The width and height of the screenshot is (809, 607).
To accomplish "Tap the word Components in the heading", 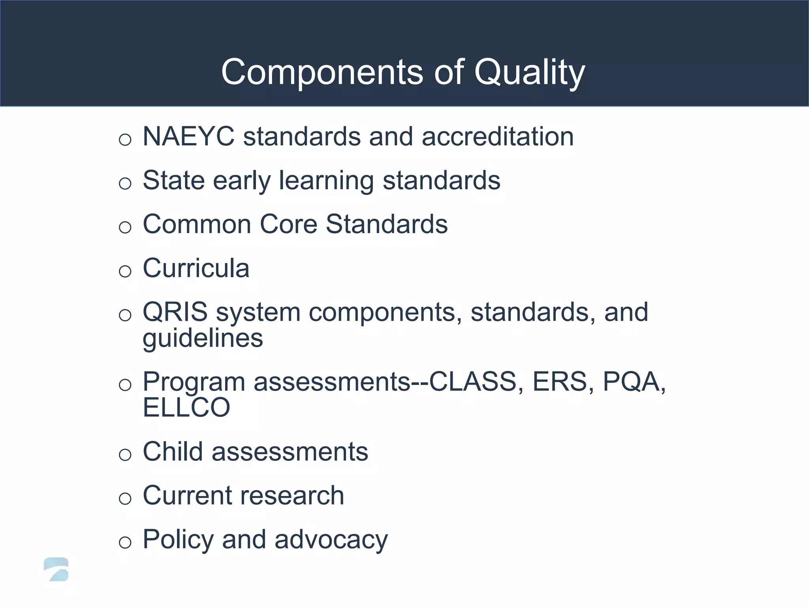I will click(322, 72).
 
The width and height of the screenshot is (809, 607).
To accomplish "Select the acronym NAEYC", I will click(188, 137).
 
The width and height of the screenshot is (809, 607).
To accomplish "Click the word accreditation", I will click(497, 137).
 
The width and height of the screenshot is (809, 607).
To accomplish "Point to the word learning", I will click(326, 181).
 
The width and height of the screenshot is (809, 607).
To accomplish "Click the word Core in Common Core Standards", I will click(288, 224).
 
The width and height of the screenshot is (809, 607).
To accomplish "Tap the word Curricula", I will click(196, 268).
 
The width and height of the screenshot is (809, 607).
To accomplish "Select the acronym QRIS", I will click(175, 312).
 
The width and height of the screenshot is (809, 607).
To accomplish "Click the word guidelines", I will click(203, 339).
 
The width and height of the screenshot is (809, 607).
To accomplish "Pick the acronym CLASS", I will click(473, 382).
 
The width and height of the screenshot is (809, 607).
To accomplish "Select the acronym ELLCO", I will click(186, 408).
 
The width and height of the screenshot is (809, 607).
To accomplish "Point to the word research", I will click(293, 496).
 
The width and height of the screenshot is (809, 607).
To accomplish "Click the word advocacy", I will click(331, 540).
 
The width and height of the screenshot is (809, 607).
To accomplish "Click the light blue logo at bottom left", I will click(56, 569).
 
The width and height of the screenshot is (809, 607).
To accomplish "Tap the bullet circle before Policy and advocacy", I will click(125, 542).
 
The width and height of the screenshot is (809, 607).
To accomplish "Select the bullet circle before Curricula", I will click(125, 271).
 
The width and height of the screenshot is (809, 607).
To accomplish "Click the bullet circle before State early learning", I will click(125, 183).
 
